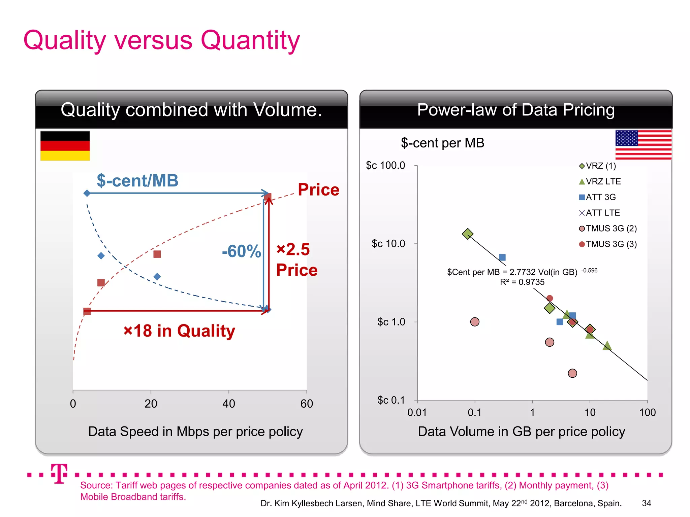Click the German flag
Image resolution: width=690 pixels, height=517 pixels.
(65, 146)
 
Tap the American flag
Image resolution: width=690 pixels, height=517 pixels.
(643, 144)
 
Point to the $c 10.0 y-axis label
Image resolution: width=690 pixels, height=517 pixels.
(388, 243)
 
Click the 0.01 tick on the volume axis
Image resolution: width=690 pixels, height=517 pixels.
(417, 412)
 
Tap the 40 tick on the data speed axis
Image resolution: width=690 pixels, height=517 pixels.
(229, 404)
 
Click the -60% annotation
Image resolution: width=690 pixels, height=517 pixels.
(241, 251)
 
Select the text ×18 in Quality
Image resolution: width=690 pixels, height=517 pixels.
(179, 331)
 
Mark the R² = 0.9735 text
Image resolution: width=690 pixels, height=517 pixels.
(522, 282)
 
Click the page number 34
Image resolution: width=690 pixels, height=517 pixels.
(646, 503)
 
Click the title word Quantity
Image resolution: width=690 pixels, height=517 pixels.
(250, 40)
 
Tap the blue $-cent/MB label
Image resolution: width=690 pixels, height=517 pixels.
(137, 181)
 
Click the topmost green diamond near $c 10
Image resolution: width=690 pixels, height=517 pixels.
(467, 234)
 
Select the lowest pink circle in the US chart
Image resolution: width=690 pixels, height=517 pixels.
(572, 373)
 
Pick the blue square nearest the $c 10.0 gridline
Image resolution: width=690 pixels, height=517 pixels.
(502, 257)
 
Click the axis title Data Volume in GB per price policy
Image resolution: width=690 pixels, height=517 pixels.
(521, 432)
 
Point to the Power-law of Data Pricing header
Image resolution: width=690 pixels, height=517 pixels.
(516, 110)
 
